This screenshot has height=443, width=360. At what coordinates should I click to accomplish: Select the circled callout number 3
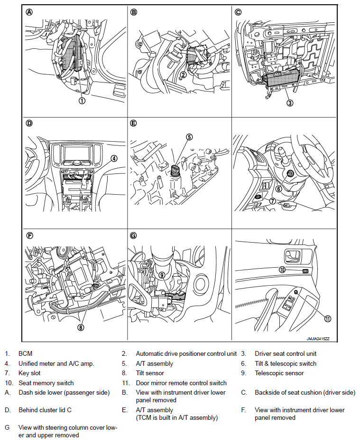coord(290,102)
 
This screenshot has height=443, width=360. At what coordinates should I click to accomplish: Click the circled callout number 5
coord(189,137)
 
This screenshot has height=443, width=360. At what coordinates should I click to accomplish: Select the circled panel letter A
coord(29,13)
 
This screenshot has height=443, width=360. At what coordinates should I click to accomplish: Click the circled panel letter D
coord(29,123)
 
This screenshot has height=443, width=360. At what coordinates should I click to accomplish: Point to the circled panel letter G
coord(134,235)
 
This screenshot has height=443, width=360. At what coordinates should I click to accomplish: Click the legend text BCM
coord(26,353)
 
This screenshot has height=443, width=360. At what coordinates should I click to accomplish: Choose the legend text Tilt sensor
coord(150,373)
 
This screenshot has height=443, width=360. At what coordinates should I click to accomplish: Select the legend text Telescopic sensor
coord(279,373)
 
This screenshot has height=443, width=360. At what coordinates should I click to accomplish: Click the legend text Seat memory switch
coord(46,383)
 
